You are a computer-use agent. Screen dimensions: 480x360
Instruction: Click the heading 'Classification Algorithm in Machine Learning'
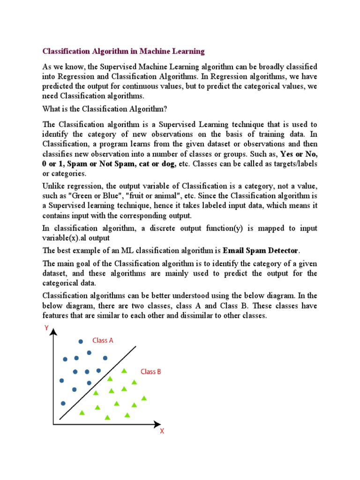[124, 51]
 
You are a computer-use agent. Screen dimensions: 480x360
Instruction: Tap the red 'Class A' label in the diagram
[103, 341]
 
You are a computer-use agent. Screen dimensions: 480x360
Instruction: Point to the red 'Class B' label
[151, 371]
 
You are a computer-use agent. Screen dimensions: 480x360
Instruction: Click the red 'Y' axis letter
[46, 329]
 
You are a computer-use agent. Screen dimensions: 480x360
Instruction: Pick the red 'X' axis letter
[162, 431]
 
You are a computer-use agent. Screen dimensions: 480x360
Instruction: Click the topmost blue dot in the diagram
[81, 342]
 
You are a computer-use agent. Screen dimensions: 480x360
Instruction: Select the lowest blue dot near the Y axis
[63, 403]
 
